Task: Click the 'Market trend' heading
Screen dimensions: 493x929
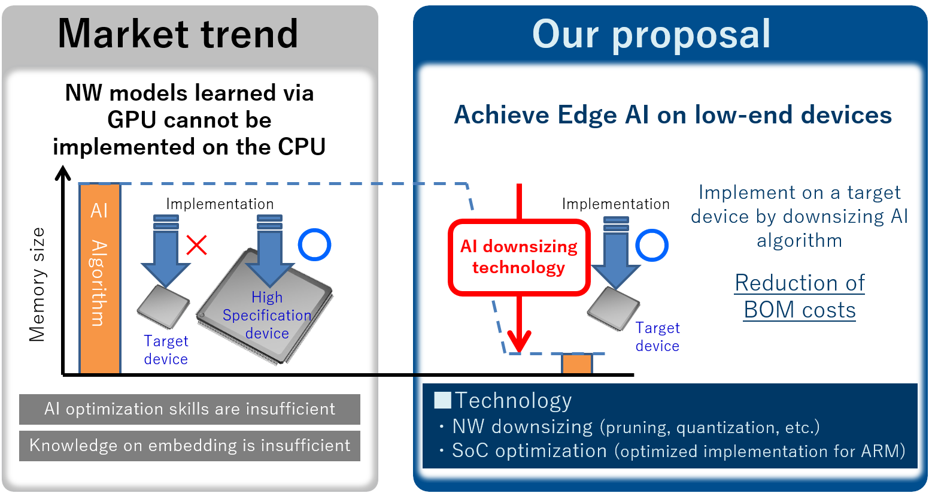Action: click(x=178, y=34)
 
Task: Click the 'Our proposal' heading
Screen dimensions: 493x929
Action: click(x=651, y=34)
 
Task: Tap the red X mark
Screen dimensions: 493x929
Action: click(x=196, y=245)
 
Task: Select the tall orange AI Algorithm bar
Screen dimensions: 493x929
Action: click(x=100, y=279)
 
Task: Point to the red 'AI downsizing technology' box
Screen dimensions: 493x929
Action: click(x=519, y=258)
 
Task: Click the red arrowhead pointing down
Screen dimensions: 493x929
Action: click(x=519, y=342)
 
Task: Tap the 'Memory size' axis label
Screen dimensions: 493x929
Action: click(x=37, y=285)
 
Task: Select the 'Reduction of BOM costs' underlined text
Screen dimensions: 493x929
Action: click(x=800, y=297)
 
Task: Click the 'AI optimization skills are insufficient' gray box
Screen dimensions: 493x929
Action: click(x=190, y=409)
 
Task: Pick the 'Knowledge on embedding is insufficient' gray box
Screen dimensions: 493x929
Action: click(x=190, y=446)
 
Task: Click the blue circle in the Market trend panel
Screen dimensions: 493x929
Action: click(x=314, y=245)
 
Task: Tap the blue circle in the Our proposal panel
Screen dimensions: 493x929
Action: click(x=651, y=245)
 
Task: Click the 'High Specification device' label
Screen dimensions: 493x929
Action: click(x=267, y=315)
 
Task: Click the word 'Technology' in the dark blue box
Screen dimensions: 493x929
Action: click(x=513, y=400)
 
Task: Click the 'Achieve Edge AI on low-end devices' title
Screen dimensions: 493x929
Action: click(x=673, y=115)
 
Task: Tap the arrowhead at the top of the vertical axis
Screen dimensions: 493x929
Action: click(x=63, y=174)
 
